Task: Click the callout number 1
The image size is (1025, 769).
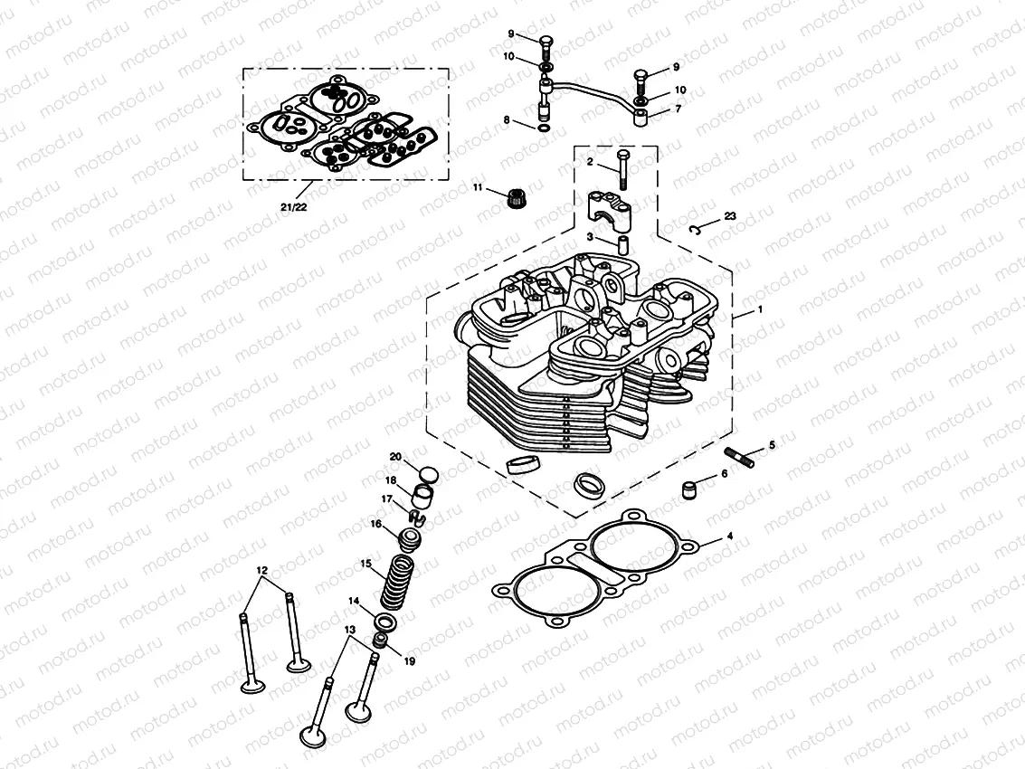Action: pos(760,309)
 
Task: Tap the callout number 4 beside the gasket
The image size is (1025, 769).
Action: pos(730,536)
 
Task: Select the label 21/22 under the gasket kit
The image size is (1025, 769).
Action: pos(293,207)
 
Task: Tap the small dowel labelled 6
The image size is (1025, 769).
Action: pos(691,491)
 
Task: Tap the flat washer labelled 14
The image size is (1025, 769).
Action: pos(384,622)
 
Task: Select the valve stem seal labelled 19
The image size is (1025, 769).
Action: pos(383,641)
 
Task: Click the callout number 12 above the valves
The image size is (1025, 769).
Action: pos(262,570)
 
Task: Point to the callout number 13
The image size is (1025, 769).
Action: pos(349,629)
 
